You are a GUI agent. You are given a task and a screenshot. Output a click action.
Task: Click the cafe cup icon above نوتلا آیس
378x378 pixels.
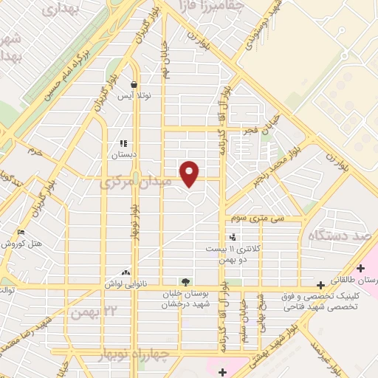click(x=134, y=84)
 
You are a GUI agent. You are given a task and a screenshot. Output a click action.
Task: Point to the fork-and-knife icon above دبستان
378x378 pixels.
click(x=123, y=143)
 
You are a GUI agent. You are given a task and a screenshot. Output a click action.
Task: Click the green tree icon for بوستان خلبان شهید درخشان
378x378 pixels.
click(x=185, y=281)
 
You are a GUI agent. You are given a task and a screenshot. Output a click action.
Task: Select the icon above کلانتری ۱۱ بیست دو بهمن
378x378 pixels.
click(x=233, y=237)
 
